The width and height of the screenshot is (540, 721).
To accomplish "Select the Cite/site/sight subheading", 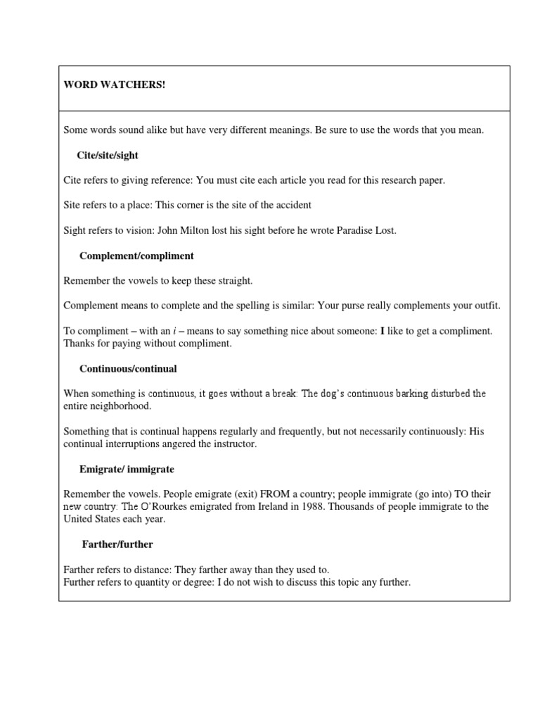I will point(112,155).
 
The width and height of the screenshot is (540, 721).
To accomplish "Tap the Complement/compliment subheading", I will point(136,256).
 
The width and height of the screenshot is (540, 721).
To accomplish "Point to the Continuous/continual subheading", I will point(128,368).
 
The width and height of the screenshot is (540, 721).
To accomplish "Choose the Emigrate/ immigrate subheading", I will point(127,469).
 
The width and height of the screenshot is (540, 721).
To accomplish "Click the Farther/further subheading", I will point(117,544).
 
